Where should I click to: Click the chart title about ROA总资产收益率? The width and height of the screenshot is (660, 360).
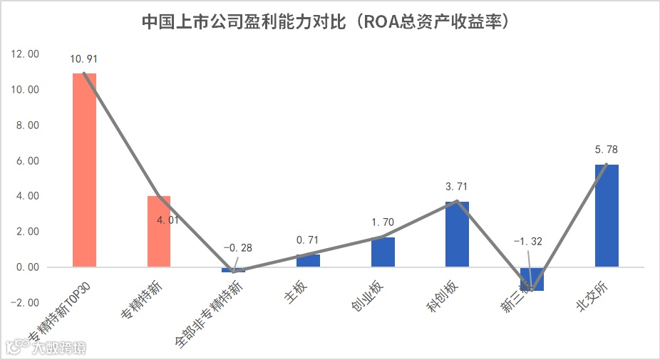329,22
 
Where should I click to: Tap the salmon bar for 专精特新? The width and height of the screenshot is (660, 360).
158,232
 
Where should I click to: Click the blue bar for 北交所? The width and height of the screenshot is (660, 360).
606,216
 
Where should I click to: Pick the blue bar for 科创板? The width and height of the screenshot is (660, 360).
457,235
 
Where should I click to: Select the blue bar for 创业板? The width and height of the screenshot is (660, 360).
383,252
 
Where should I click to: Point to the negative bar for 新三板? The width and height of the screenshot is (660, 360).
531,279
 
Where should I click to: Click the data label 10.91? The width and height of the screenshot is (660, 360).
85,58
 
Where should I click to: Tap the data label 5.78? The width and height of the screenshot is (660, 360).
606,150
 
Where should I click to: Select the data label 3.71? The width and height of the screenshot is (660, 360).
457,187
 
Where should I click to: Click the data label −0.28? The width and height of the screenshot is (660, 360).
237,247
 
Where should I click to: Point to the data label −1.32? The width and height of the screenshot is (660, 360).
527,242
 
